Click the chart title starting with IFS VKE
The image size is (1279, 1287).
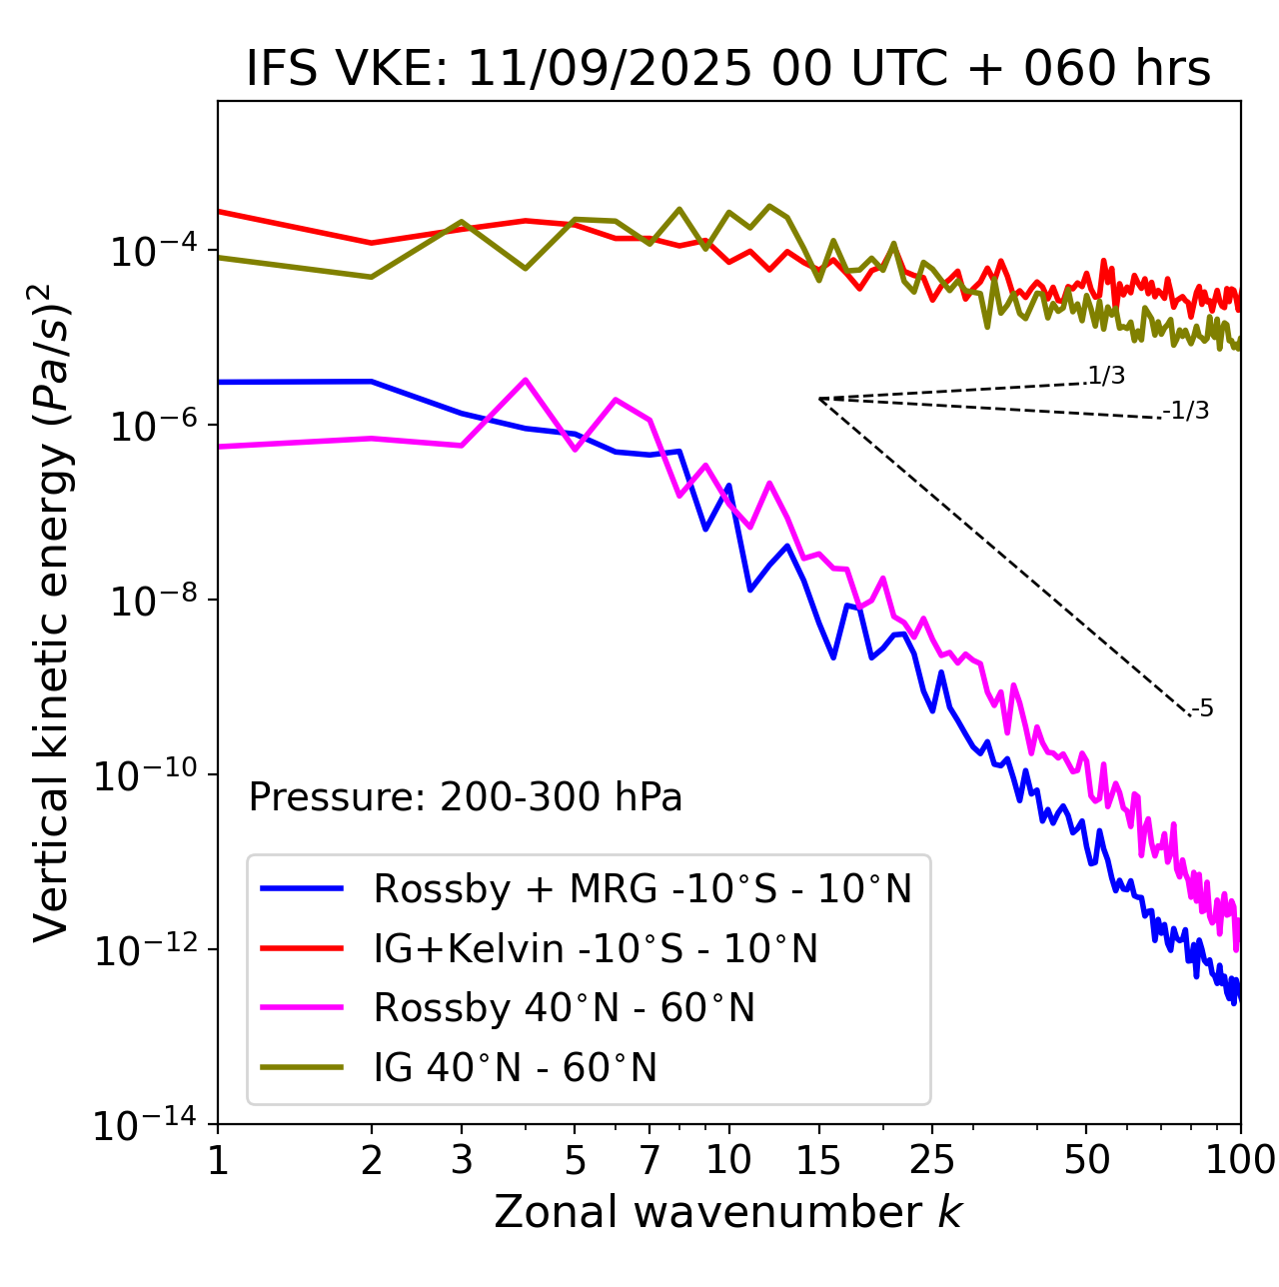click(x=728, y=69)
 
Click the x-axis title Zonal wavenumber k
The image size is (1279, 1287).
click(x=728, y=1211)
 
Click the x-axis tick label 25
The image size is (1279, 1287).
click(x=932, y=1160)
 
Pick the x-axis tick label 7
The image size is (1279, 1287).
click(x=649, y=1160)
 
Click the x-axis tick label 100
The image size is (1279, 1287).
click(x=1240, y=1160)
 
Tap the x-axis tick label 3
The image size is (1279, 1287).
click(x=462, y=1160)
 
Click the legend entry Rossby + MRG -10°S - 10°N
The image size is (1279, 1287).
click(x=642, y=888)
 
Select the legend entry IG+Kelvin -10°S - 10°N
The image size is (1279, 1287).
click(x=596, y=948)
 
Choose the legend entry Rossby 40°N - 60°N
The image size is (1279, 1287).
click(x=564, y=1008)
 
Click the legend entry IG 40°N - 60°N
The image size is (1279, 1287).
click(x=515, y=1068)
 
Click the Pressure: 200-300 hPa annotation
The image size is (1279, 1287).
click(x=466, y=797)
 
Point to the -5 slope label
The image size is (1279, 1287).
click(x=1202, y=708)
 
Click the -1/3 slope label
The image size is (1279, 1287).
click(x=1186, y=410)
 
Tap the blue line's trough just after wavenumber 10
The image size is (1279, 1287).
click(x=749, y=590)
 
